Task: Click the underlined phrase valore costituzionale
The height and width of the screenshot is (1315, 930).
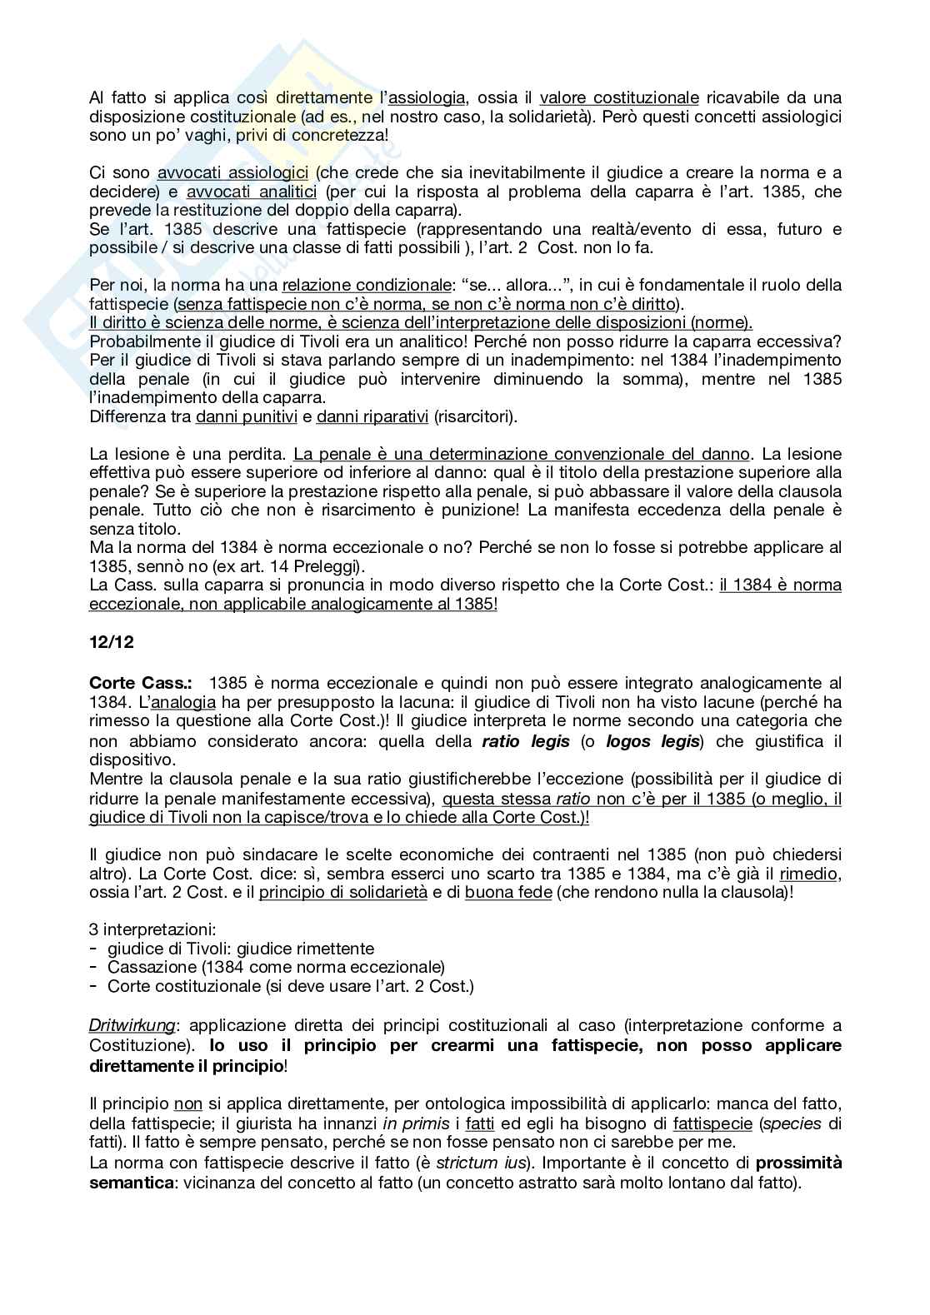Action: (x=619, y=97)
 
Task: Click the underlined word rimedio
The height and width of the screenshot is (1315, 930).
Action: (x=810, y=874)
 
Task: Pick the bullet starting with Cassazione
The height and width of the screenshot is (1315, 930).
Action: (x=276, y=967)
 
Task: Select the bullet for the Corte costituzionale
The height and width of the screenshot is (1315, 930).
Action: (x=290, y=986)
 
